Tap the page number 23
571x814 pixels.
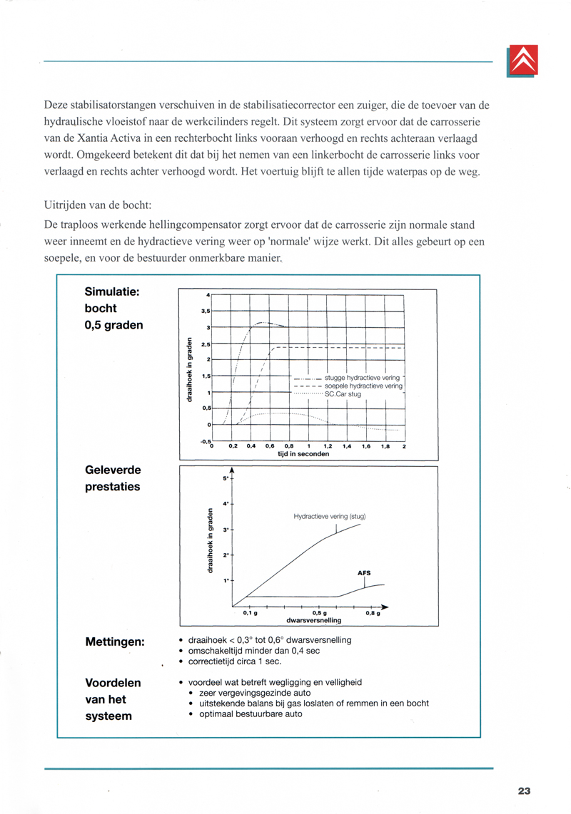(525, 790)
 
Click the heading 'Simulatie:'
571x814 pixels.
(111, 292)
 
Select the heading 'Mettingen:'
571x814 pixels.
(115, 643)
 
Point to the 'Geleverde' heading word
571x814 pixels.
(113, 470)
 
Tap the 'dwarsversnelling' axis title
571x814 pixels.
(314, 620)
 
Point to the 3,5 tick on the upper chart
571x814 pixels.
(206, 311)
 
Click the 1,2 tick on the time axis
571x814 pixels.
(328, 445)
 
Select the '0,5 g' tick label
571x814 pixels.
(320, 612)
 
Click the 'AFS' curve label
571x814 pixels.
(364, 572)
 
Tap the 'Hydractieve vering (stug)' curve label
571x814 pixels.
(329, 515)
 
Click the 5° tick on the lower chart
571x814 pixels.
(225, 478)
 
